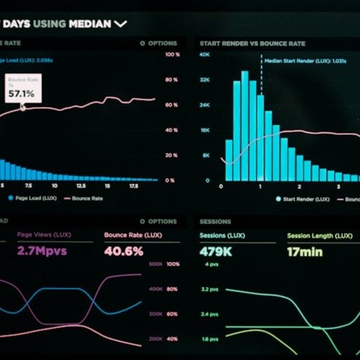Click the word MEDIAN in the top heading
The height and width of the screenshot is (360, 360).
[90, 24]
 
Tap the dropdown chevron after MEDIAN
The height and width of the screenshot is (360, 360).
[121, 24]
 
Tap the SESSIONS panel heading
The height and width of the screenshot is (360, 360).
[215, 221]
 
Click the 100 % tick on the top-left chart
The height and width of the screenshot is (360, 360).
[171, 54]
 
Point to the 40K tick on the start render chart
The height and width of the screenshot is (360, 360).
[205, 54]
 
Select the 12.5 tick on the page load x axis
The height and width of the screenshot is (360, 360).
[81, 186]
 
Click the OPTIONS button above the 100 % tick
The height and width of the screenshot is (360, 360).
[159, 43]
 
